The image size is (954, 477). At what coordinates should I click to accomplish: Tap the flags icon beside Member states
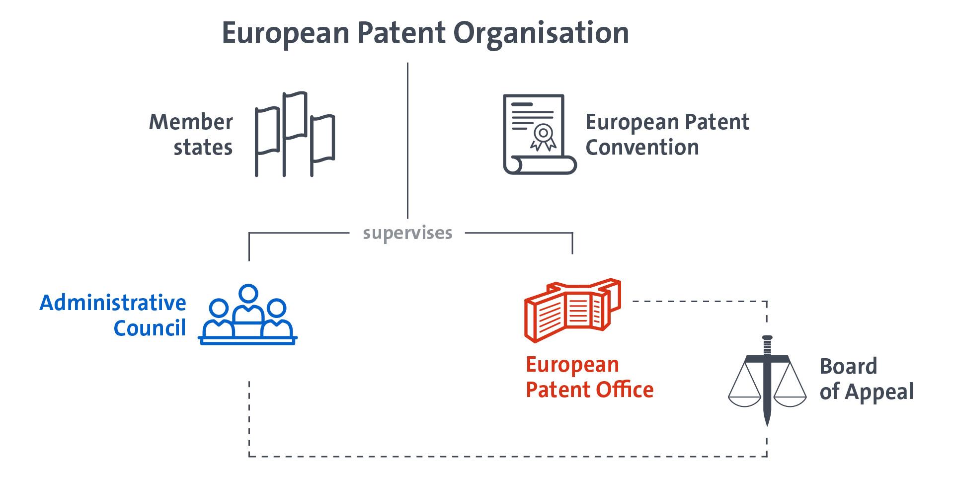coord(295,134)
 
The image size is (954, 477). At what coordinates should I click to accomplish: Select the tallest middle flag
coord(295,115)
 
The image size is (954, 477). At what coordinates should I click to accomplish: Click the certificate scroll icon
coord(539,134)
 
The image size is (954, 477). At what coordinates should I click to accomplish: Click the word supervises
coord(407,233)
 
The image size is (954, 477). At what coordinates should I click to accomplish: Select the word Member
coord(191,122)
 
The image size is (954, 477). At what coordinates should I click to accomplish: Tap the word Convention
coord(642,148)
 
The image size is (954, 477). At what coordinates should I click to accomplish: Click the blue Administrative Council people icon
coord(247,316)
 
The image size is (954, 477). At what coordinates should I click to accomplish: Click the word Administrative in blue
coord(113,303)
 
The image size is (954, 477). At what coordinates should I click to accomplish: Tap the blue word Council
coord(150,328)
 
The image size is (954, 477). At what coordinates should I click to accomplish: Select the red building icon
coord(572,310)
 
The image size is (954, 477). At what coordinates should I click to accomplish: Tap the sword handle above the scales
coord(767,345)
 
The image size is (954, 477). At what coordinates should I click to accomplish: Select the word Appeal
coord(880,392)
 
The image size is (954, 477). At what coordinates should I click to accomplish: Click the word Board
coord(848,367)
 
